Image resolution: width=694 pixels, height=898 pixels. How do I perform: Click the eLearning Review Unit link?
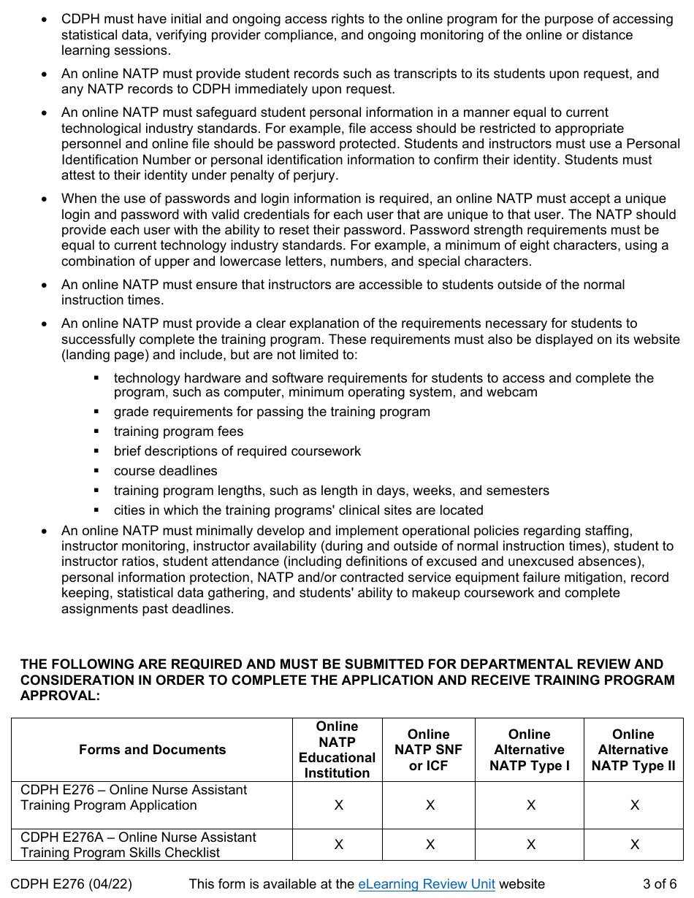point(426,884)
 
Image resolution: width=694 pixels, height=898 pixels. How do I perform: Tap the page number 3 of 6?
point(660,884)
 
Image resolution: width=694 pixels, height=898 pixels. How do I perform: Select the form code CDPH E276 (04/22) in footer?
point(72,884)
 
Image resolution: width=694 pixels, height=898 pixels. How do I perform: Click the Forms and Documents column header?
point(152,750)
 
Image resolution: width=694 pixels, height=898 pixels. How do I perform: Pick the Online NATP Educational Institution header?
point(337,750)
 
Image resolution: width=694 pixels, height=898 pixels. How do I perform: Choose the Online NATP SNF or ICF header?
point(429,750)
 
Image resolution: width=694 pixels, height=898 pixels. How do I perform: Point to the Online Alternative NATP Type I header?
point(529,750)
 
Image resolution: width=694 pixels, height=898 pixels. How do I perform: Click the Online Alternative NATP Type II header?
point(633,750)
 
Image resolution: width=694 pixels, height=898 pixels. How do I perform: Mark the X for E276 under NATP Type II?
point(634,805)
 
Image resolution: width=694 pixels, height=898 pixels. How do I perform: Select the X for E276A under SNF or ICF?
point(430,845)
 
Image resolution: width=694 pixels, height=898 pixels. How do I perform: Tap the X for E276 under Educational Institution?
point(338,805)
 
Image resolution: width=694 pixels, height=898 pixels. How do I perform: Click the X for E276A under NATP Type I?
point(530,845)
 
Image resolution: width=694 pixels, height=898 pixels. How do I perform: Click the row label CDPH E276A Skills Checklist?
point(138,845)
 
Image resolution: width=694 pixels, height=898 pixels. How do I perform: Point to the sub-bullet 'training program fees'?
point(178,431)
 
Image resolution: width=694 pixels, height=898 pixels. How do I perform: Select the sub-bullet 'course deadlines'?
point(165,471)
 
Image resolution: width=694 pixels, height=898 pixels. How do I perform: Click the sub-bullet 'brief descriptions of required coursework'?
point(237,451)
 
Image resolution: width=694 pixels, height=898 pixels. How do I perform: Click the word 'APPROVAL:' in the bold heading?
point(60,696)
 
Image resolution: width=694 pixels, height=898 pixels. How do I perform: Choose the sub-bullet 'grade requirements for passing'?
point(272,412)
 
